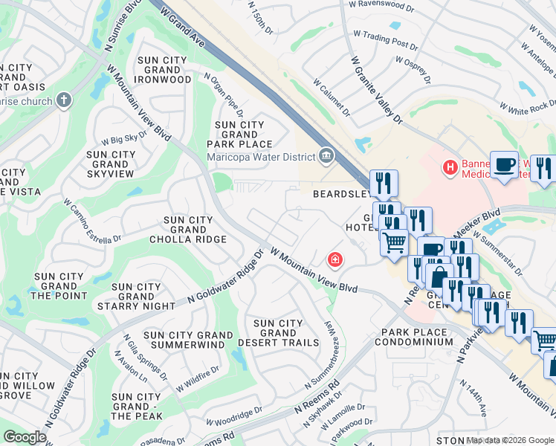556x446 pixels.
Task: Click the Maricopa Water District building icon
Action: (326, 155)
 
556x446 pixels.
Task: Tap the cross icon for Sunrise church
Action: (64, 101)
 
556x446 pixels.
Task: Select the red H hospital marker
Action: (449, 168)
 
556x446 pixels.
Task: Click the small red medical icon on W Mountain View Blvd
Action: (335, 259)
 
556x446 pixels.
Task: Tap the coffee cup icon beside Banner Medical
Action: (504, 164)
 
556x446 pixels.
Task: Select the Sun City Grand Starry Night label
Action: (136, 296)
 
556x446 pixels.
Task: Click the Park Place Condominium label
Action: (413, 337)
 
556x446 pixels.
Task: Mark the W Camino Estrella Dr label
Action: (91, 222)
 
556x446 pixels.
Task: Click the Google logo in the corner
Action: (25, 437)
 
